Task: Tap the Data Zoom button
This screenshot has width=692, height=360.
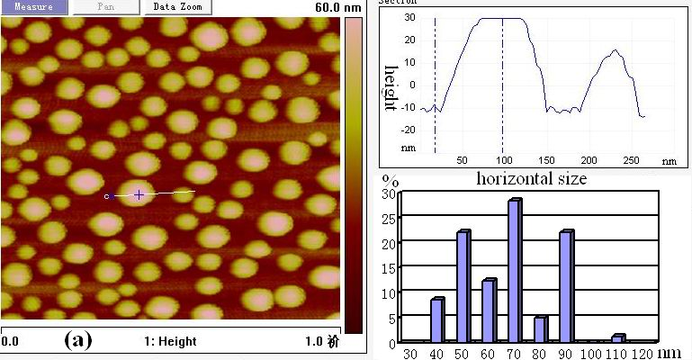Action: (x=177, y=6)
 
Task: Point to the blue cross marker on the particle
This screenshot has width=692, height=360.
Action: (x=139, y=194)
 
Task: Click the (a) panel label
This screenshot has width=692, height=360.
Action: (x=77, y=341)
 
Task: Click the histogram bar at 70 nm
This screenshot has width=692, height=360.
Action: (x=514, y=271)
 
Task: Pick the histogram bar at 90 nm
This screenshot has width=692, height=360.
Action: (x=566, y=287)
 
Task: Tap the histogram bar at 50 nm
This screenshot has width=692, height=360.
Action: (x=463, y=287)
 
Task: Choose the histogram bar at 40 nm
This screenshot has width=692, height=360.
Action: (x=436, y=320)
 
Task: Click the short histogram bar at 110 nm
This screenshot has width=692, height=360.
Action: (x=617, y=338)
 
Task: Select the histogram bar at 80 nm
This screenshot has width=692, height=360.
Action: (x=540, y=329)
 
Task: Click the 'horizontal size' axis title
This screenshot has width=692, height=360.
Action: (x=532, y=178)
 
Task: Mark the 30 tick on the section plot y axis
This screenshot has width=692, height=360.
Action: (x=409, y=17)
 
